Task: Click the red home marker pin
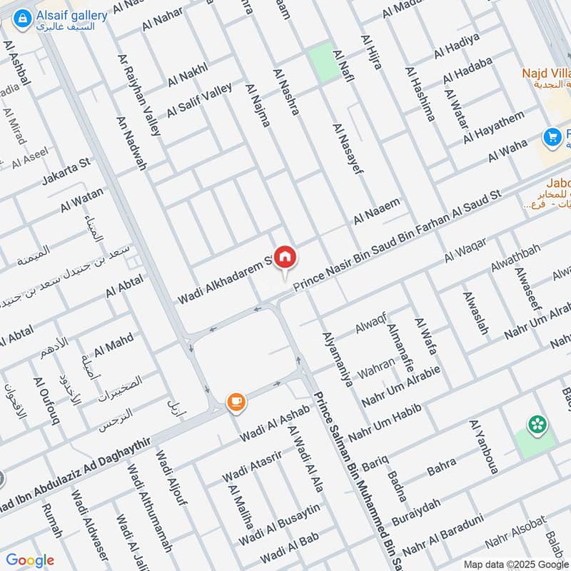click(x=285, y=257)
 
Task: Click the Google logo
click(x=30, y=560)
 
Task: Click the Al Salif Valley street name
click(x=199, y=101)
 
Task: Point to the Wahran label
click(x=376, y=363)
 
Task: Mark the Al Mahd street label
click(x=114, y=347)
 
